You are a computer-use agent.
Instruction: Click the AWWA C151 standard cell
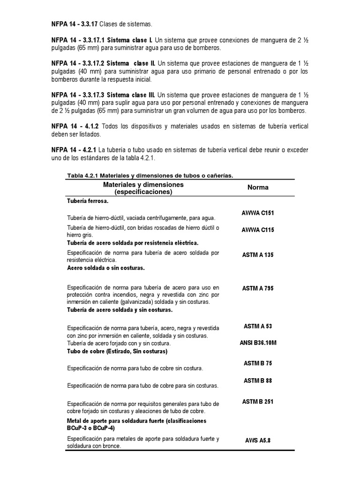pyautogui.click(x=258, y=213)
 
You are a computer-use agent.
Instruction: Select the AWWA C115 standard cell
pyautogui.click(x=258, y=230)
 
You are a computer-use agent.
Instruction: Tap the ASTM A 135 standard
pyautogui.click(x=258, y=255)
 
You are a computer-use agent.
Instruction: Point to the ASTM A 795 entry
pyautogui.click(x=258, y=288)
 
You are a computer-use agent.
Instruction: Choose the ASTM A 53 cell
pyautogui.click(x=258, y=326)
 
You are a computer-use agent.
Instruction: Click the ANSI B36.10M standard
pyautogui.click(x=258, y=343)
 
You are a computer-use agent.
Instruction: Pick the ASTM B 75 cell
pyautogui.click(x=258, y=363)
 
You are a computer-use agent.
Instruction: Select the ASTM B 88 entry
pyautogui.click(x=258, y=381)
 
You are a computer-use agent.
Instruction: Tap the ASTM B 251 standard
pyautogui.click(x=258, y=402)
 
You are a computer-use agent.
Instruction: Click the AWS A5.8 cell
pyautogui.click(x=258, y=441)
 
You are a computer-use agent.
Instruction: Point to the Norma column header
pyautogui.click(x=258, y=187)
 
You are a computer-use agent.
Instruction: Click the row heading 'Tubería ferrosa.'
pyautogui.click(x=88, y=201)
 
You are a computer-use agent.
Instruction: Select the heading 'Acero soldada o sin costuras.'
pyautogui.click(x=106, y=268)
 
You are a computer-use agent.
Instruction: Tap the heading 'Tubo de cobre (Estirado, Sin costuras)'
pyautogui.click(x=117, y=351)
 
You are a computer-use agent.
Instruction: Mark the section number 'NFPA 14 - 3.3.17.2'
pyautogui.click(x=77, y=63)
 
